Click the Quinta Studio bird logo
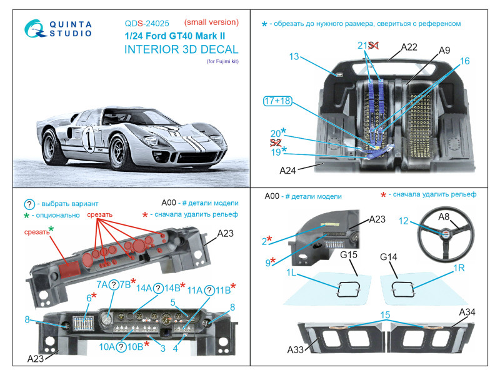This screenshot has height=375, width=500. click(x=34, y=29)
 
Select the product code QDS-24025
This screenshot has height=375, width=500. click(x=147, y=24)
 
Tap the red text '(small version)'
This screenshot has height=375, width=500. click(x=211, y=22)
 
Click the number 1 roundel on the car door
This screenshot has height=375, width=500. click(x=89, y=139)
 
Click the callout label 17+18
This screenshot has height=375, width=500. click(x=277, y=101)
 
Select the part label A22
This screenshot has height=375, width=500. click(x=409, y=47)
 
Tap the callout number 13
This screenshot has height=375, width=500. click(x=294, y=56)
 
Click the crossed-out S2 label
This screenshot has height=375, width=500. click(x=276, y=143)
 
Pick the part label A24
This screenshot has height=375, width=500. click(x=287, y=171)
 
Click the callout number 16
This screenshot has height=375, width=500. click(x=464, y=61)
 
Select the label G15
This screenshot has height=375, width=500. click(x=349, y=255)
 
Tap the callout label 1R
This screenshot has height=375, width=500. click(x=459, y=268)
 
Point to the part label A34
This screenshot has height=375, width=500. click(x=467, y=312)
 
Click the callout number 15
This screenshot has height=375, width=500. click(x=385, y=315)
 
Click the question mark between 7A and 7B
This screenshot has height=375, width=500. click(x=114, y=285)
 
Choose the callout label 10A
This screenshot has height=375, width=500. click(x=107, y=347)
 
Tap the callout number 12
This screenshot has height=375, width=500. click(x=403, y=221)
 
